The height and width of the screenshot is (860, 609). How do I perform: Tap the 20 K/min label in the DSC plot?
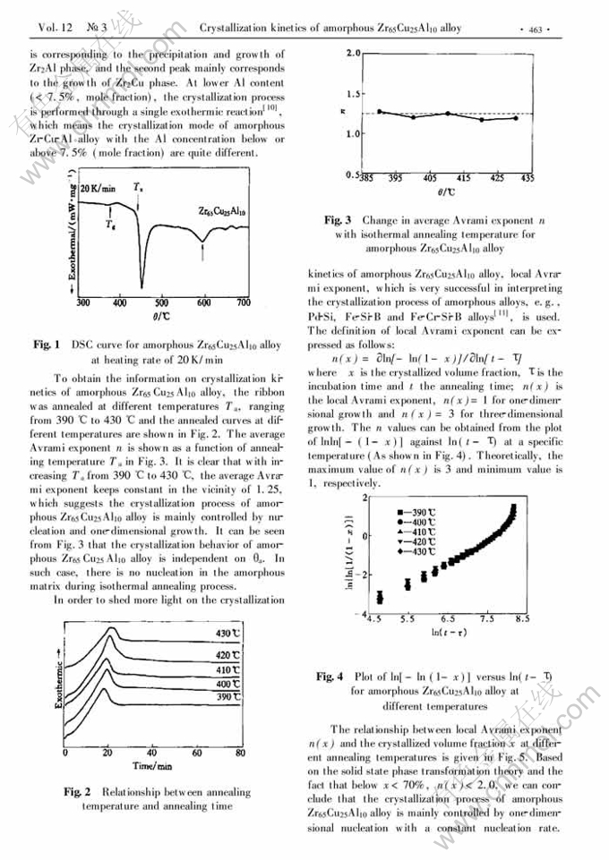[98, 190]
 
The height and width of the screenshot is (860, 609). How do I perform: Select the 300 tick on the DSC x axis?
[81, 302]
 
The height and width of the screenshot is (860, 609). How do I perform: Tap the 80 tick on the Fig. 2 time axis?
[240, 754]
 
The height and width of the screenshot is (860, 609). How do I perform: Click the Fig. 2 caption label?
[78, 792]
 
